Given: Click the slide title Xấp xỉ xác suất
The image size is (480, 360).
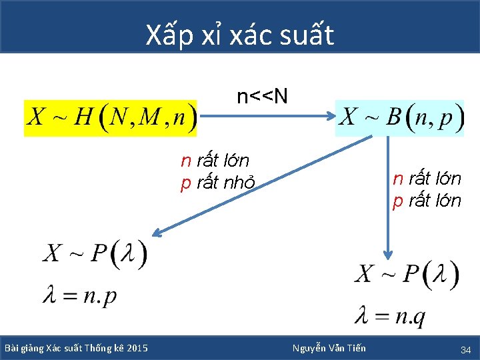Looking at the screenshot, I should coord(240,35).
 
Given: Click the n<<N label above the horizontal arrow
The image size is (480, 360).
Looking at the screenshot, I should coord(263,97).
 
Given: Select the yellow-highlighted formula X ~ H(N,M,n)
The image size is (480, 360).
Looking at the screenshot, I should coord(111,119).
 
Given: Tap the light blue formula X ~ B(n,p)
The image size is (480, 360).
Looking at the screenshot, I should coord(399,118).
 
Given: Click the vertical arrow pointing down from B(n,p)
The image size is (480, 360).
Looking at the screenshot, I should coord(388,200).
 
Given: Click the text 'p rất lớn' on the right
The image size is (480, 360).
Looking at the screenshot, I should coord(427,201).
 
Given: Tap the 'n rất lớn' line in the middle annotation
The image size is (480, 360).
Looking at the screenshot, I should coord(215,161).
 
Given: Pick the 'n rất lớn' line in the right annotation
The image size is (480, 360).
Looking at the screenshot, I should coord(427,179).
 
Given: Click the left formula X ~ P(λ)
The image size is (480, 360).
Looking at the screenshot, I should coord(95,254).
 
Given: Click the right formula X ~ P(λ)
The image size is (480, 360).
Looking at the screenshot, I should coord(407,275).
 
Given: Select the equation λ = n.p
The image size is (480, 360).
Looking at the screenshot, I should coord(79,295).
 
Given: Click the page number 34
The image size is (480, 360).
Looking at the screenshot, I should coord(465,349).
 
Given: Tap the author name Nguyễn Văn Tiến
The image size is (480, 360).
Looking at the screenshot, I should coord(329,348).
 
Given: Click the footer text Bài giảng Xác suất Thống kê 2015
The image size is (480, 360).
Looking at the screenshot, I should coord(76,348).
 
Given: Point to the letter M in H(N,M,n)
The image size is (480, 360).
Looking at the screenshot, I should coord(151,119).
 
